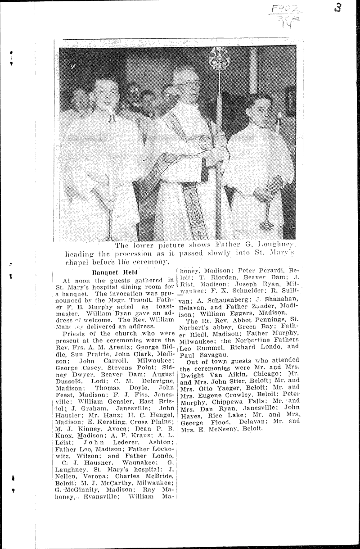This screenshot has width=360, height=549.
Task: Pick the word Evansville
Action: (101, 499)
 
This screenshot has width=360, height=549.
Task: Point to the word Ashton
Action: (158, 445)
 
